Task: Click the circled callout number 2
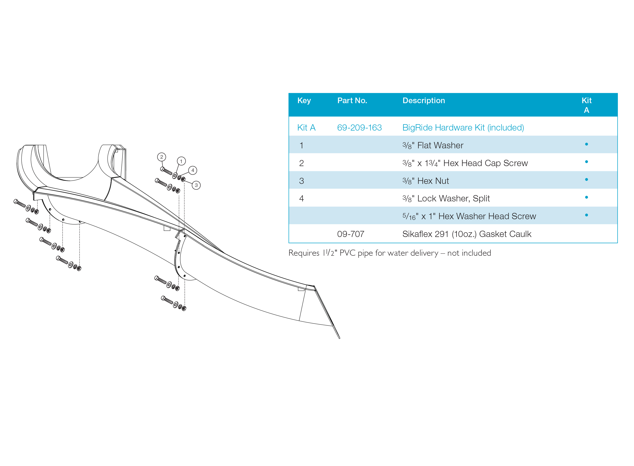[x=162, y=157]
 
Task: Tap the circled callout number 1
[x=181, y=161]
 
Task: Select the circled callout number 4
[x=193, y=170]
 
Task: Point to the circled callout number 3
[x=196, y=185]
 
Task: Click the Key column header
[x=304, y=101]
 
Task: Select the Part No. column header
[x=352, y=100]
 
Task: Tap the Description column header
[x=424, y=100]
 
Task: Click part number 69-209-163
[x=359, y=127]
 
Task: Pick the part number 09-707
[x=351, y=234]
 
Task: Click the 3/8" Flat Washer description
[x=433, y=145]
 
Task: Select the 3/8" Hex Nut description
[x=426, y=181]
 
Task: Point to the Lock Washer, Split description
[x=446, y=199]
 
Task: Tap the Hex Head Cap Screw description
[x=465, y=163]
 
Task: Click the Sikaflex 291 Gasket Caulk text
[x=467, y=234]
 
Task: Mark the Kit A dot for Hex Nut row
[x=586, y=179]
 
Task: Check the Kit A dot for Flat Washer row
[x=586, y=144]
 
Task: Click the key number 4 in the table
[x=301, y=199]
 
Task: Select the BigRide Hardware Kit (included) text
[x=463, y=127]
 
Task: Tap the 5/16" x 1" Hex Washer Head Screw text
[x=469, y=216]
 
